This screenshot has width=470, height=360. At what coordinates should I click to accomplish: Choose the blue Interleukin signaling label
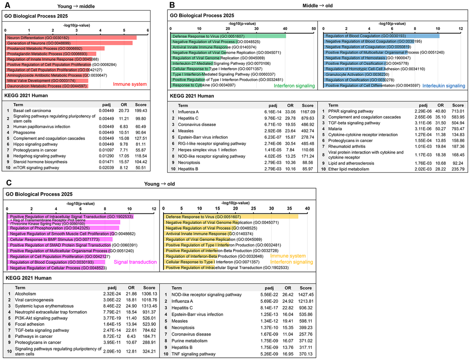pyautogui.click(x=444, y=86)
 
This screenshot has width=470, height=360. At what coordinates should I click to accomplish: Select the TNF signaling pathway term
pyautogui.click(x=191, y=354)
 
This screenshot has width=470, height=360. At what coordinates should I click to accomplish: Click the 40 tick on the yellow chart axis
pyautogui.click(x=307, y=208)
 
